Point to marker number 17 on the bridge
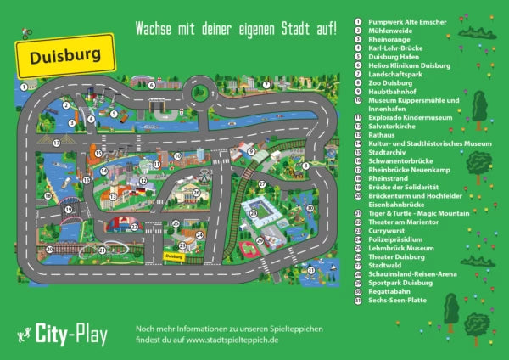click(56, 143)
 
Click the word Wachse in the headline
click(154, 28)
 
